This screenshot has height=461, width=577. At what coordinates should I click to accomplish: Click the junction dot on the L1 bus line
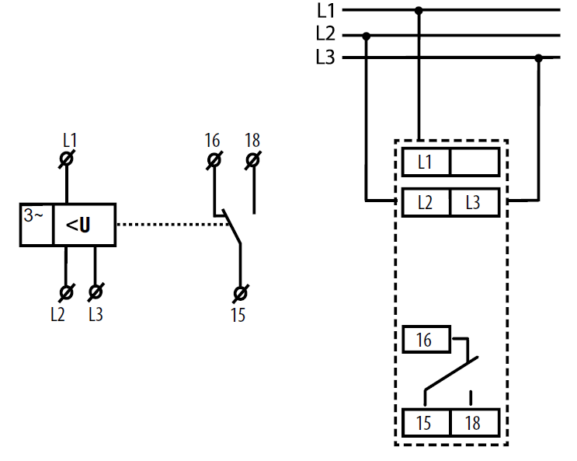[x=419, y=10]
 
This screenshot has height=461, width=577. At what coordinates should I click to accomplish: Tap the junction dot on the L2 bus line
[x=366, y=36]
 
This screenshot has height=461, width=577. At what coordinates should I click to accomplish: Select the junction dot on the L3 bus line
[x=539, y=58]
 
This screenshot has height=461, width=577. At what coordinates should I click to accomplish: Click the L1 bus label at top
[x=326, y=10]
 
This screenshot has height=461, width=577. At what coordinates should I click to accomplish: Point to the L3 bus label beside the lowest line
[x=325, y=58]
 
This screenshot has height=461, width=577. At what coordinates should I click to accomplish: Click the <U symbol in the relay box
[x=78, y=225]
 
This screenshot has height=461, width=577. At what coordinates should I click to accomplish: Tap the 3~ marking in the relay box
[x=33, y=215]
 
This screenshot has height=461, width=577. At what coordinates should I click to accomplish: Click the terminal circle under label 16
[x=214, y=160]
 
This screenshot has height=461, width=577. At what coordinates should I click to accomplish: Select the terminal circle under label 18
[x=253, y=160]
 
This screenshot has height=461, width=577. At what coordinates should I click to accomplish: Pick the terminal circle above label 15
[x=241, y=294]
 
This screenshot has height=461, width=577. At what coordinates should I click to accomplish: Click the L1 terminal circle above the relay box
[x=67, y=159]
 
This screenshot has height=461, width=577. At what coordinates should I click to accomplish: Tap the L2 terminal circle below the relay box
[x=67, y=292]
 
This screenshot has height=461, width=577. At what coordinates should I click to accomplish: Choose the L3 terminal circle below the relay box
[x=96, y=292]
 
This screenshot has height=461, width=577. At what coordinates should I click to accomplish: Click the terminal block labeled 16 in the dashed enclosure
[x=426, y=340]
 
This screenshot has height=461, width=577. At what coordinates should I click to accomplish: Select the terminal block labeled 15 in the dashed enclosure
[x=426, y=423]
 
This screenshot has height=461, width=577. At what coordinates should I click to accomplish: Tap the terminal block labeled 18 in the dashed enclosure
[x=475, y=423]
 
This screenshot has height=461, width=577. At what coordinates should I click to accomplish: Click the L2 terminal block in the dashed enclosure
[x=426, y=202]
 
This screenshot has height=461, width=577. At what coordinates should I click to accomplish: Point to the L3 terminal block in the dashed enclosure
[x=475, y=202]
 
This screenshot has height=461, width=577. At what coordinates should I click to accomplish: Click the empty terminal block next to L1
[x=475, y=162]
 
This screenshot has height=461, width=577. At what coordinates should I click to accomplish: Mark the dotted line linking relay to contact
[x=172, y=224]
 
